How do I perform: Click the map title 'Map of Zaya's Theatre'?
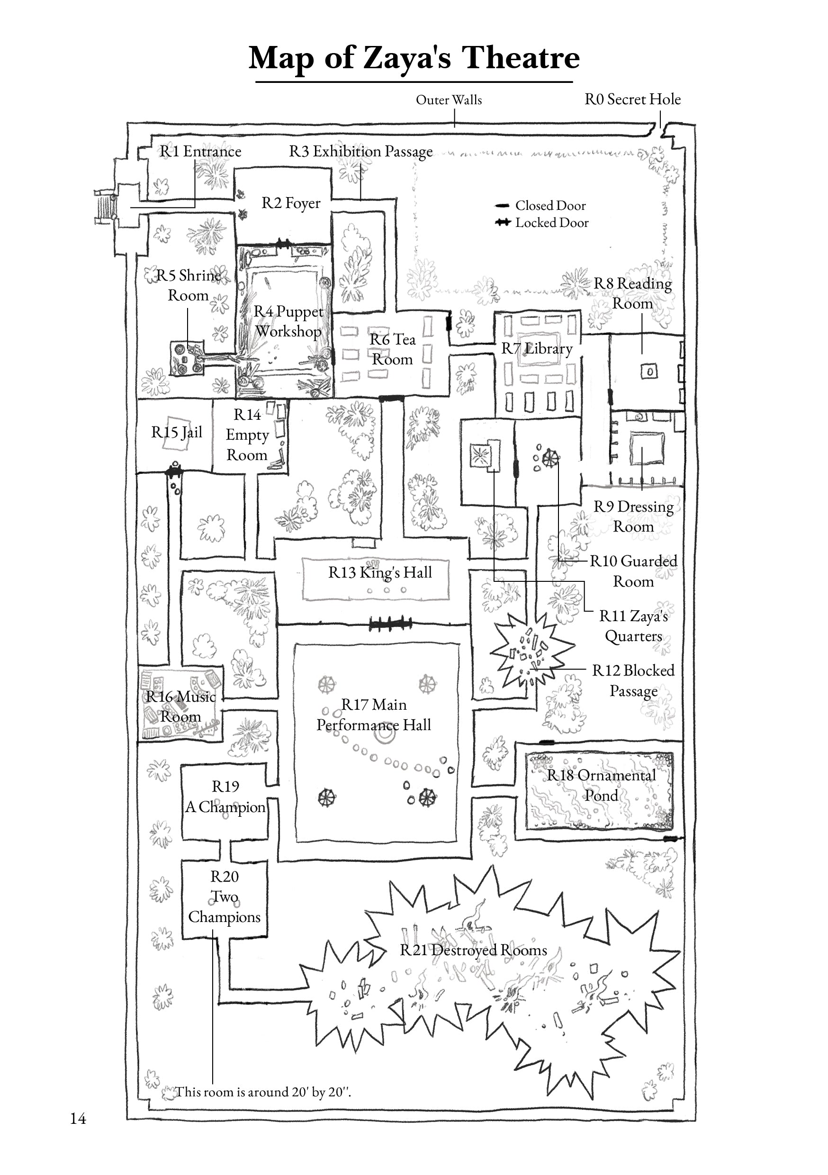coord(414,57)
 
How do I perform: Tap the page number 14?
coord(78,1118)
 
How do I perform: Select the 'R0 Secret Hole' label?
coord(632,99)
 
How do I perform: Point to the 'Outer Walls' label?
coord(449,100)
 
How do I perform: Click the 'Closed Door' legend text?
coord(550,206)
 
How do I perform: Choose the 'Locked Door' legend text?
coord(552,223)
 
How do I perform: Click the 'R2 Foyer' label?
coord(291,203)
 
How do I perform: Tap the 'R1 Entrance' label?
coord(200,152)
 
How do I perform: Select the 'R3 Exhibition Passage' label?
coord(361,152)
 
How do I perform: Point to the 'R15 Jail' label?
coord(177,433)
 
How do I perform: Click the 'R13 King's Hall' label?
coord(380,572)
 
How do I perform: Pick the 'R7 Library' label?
coord(536,349)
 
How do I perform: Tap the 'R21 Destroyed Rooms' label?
coord(473,950)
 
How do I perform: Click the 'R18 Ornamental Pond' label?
coord(601,785)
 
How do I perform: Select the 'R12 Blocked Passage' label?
coord(633,680)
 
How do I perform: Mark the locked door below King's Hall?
coord(390,624)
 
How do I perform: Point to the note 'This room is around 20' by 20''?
coord(263,1092)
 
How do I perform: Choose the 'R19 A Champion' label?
coord(225,796)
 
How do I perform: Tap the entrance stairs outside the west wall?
coord(104,207)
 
